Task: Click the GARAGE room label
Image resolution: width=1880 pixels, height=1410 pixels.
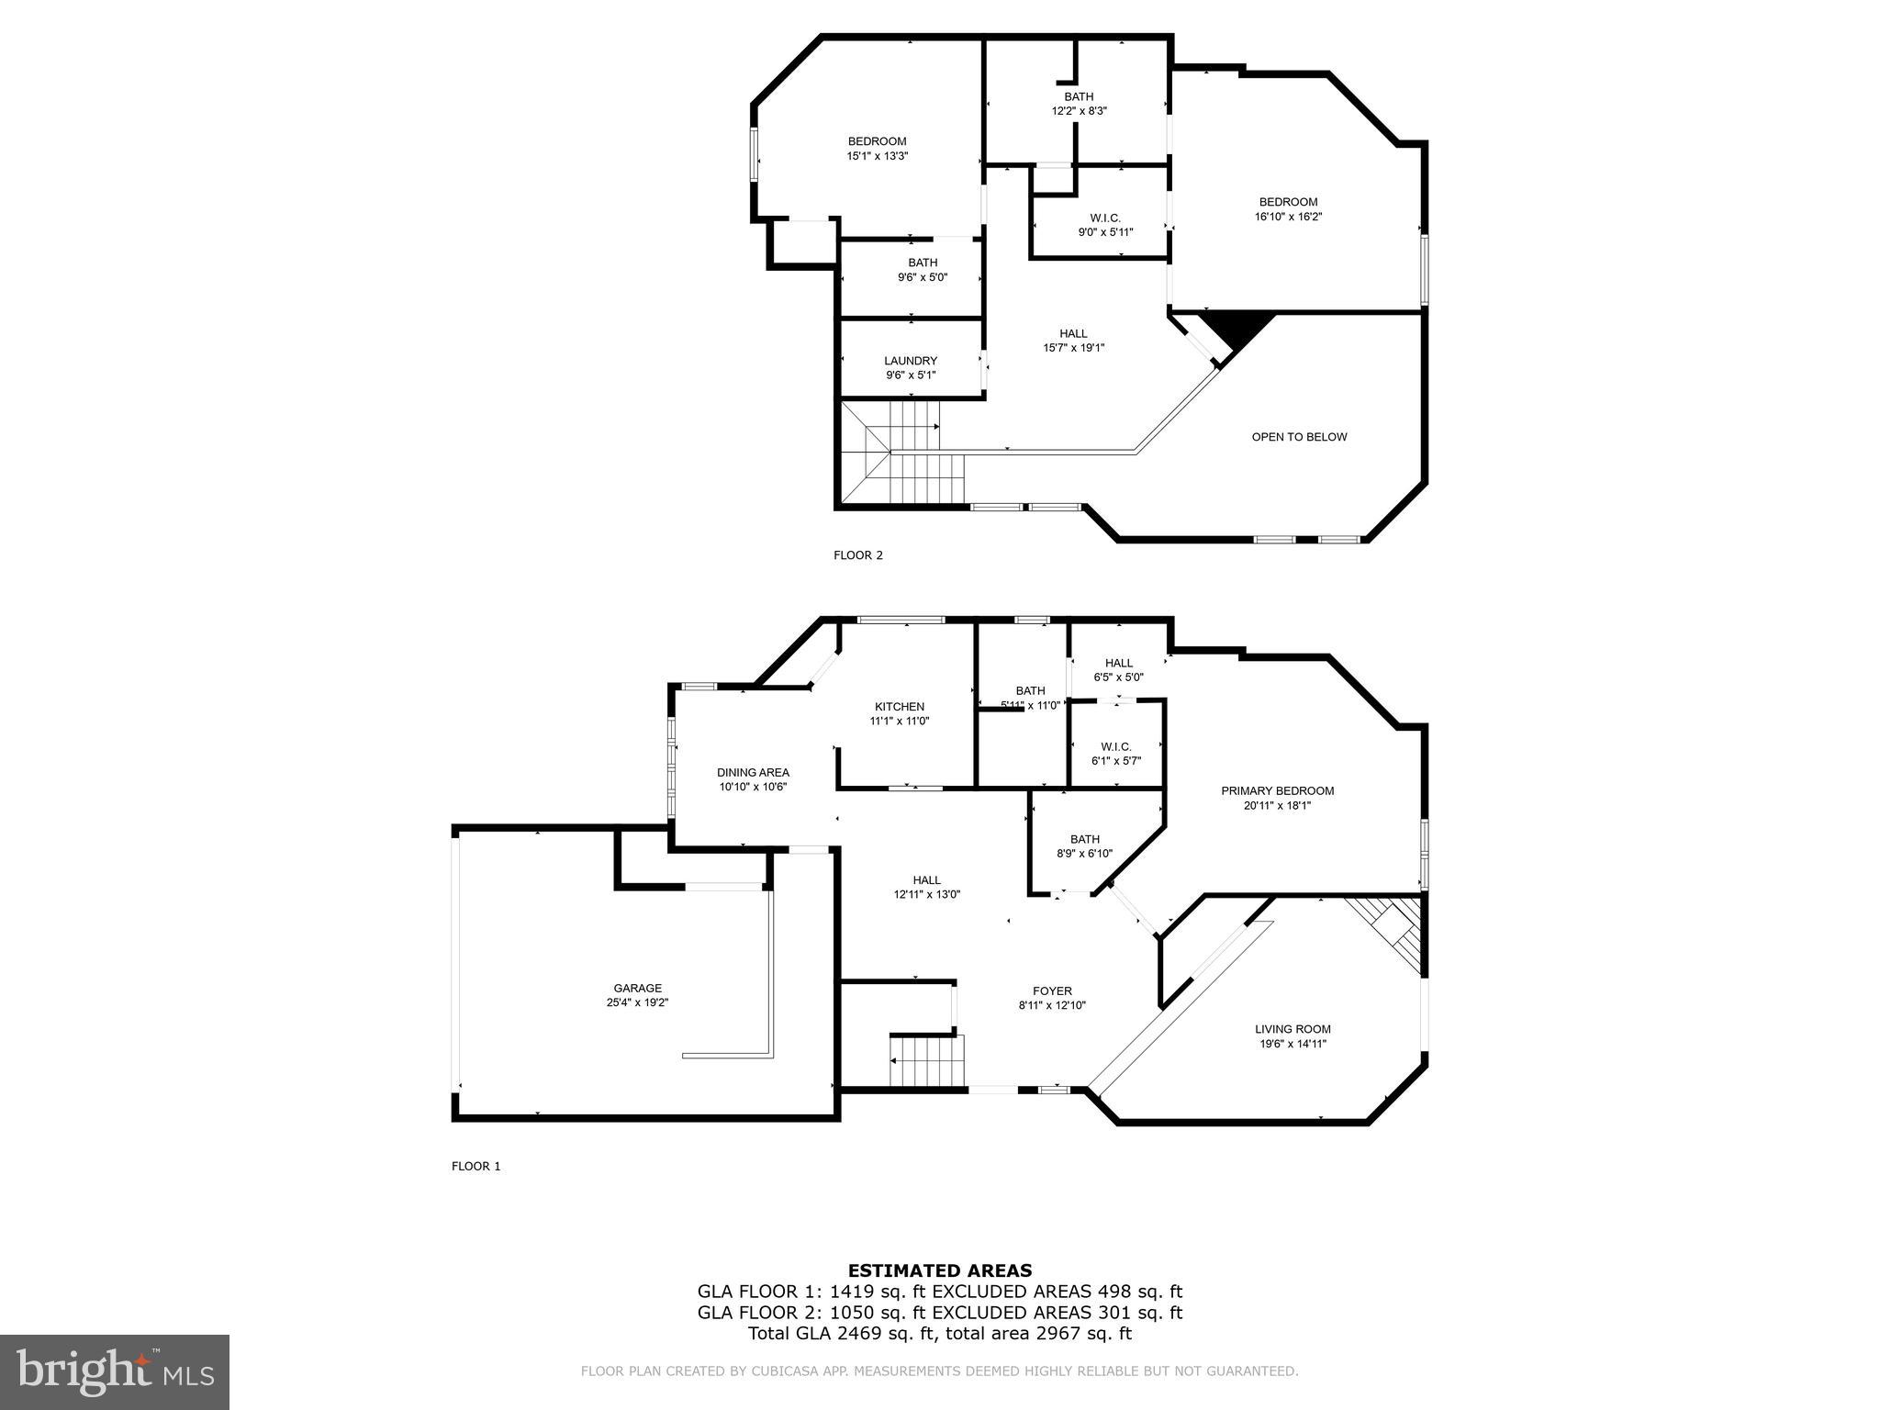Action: [x=637, y=989]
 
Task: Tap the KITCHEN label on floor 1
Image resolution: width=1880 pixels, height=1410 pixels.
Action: [x=899, y=707]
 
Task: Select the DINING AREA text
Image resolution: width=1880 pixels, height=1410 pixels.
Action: [x=753, y=773]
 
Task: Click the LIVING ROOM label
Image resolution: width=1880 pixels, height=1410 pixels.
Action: [x=1292, y=1029]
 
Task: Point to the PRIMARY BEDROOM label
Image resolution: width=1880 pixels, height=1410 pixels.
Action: [x=1277, y=791]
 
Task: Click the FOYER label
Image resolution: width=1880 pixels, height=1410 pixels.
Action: [x=1052, y=991]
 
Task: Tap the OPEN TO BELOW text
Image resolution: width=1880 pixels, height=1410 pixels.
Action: [x=1299, y=437]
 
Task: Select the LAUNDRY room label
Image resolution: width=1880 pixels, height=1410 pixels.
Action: [x=911, y=361]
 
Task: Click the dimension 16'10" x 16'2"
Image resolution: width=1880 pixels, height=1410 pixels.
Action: [x=1288, y=218]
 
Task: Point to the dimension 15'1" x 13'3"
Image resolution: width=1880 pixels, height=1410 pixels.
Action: [x=877, y=156]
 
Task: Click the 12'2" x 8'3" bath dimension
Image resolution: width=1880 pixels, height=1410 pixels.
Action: [x=1079, y=111]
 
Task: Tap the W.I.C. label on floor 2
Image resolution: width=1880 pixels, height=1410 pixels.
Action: [x=1105, y=218]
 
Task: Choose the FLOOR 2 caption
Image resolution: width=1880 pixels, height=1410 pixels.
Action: [x=857, y=555]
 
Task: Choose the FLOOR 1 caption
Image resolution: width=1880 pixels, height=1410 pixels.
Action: [x=476, y=1167]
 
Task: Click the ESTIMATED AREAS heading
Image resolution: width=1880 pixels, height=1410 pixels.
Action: [x=939, y=1271]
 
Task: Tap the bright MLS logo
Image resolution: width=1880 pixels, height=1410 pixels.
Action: [x=115, y=1372]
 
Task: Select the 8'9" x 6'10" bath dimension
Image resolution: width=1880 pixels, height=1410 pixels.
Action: [x=1084, y=854]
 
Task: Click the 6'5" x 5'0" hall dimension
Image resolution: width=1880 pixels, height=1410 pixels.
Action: [x=1118, y=677]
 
